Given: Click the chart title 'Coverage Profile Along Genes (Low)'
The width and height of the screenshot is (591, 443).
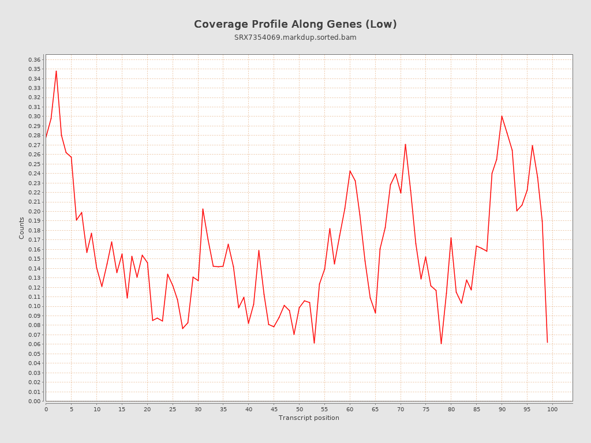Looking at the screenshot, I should [295, 24].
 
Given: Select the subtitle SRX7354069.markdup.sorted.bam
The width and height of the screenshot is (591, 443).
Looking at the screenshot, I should [295, 37].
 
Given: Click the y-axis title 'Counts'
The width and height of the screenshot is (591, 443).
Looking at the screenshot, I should [22, 228].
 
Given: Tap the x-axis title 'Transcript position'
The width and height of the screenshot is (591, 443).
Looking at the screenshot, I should [309, 418].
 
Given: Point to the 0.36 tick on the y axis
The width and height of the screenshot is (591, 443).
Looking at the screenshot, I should [34, 60].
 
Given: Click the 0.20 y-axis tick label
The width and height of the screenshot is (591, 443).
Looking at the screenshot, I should [34, 212].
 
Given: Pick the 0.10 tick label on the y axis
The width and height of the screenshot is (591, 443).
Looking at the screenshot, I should [34, 306].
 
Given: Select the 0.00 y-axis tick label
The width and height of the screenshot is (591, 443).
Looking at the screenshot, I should [34, 401].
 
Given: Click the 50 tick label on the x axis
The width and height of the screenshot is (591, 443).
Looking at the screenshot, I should [299, 409].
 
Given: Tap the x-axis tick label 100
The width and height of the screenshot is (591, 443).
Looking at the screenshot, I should [552, 409].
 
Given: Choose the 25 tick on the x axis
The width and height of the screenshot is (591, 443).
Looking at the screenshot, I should [173, 409].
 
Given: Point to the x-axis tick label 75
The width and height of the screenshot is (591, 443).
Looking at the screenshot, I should [426, 409].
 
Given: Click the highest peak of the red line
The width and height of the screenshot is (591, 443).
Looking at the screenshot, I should [56, 71].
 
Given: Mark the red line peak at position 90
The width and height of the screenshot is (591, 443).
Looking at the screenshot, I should [502, 116].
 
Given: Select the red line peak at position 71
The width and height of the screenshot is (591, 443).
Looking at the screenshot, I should [405, 144].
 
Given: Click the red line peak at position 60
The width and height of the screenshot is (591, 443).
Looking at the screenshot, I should [350, 171].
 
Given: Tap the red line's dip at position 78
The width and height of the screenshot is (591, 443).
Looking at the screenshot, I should [441, 344].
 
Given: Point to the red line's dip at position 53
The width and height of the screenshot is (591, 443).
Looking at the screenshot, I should [314, 343].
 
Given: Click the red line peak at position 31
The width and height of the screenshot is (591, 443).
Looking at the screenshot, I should [203, 209].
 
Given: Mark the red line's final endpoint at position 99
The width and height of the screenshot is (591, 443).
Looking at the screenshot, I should [547, 342].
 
